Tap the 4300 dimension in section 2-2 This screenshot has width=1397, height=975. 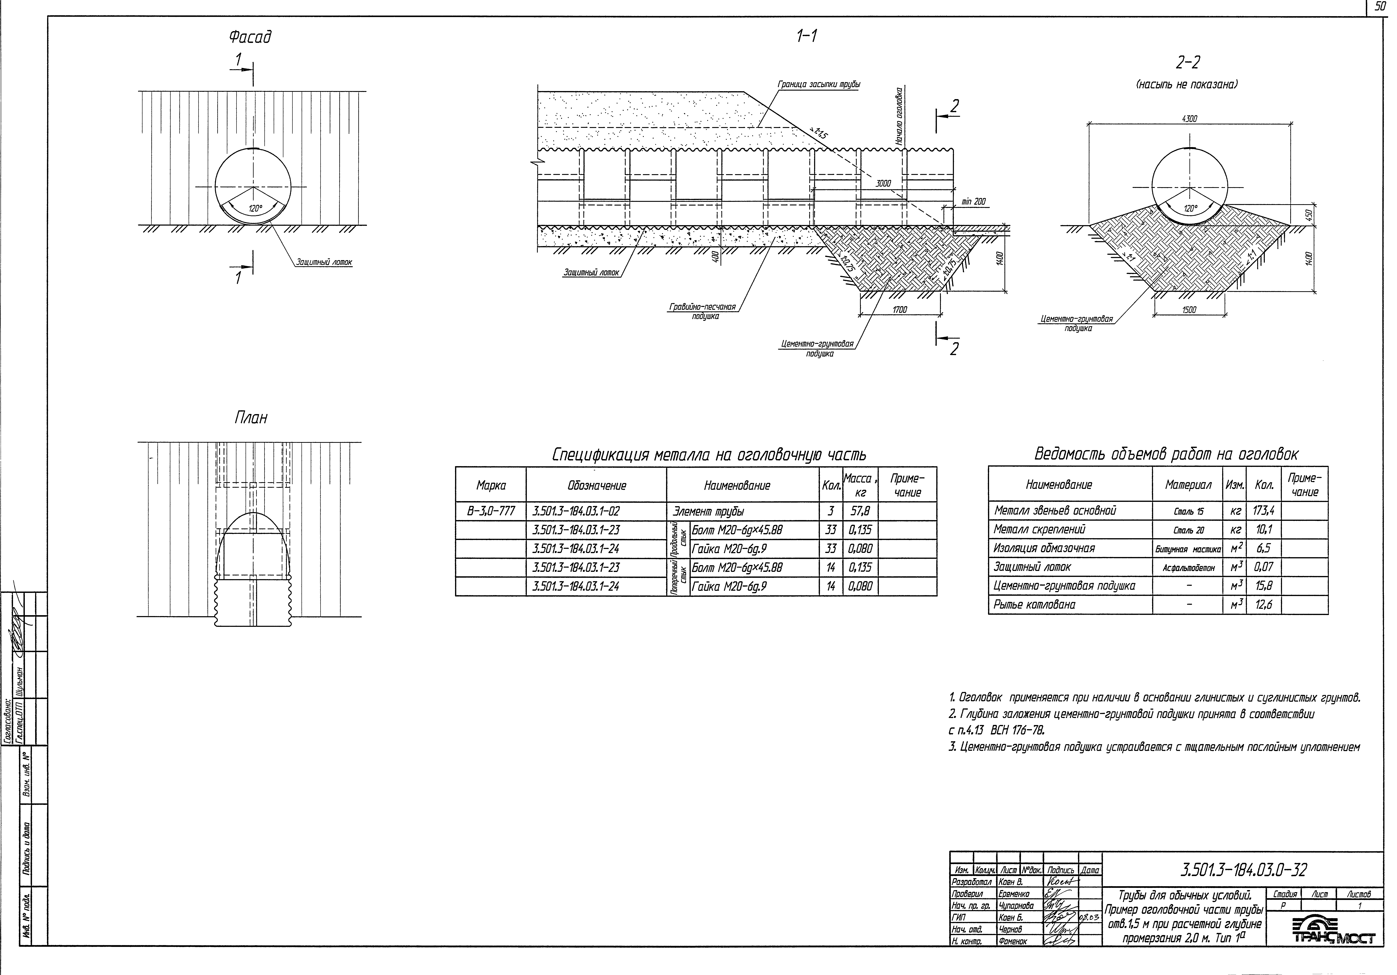coord(1189,119)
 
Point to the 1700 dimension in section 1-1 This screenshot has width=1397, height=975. coord(899,310)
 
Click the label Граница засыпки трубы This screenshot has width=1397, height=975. coord(818,85)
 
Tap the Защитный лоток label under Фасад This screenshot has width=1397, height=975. coord(324,263)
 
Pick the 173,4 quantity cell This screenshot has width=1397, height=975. coord(1263,511)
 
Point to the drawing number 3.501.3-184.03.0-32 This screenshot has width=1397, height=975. coord(1243,870)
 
